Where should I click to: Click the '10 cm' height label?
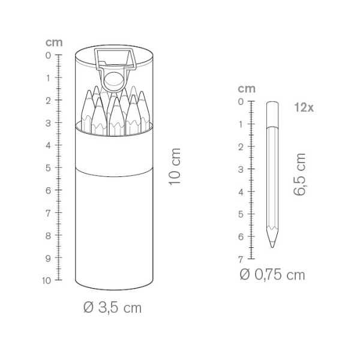coord(175,166)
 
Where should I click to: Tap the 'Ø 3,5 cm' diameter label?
coord(112,307)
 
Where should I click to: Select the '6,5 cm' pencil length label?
coord(299,174)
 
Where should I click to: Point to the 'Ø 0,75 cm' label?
coord(272,275)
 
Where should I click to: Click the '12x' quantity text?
coord(304,107)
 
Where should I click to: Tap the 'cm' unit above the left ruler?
coord(54,43)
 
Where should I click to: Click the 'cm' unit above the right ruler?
coord(247,89)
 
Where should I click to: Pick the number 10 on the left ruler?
coord(47,280)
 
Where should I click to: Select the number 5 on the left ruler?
coord(48,168)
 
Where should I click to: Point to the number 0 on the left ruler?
coord(48,55)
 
